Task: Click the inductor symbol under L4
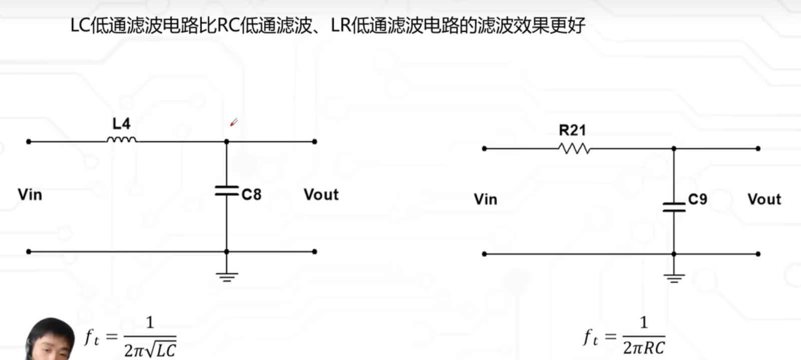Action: (121, 140)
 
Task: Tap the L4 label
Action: (121, 124)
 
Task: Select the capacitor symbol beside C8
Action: (226, 190)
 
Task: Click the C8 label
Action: (251, 194)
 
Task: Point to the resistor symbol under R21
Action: (574, 148)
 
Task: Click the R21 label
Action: (572, 131)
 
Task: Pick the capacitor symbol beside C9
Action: (674, 207)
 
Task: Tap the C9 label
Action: (697, 199)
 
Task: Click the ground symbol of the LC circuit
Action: (227, 276)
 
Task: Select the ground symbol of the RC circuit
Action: (674, 278)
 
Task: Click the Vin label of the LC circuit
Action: (30, 194)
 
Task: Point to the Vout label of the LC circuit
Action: (321, 194)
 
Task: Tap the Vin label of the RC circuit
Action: (486, 199)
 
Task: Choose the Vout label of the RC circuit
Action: (764, 199)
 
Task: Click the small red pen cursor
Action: (233, 122)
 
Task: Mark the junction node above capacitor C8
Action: (226, 142)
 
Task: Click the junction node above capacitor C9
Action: (674, 149)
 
